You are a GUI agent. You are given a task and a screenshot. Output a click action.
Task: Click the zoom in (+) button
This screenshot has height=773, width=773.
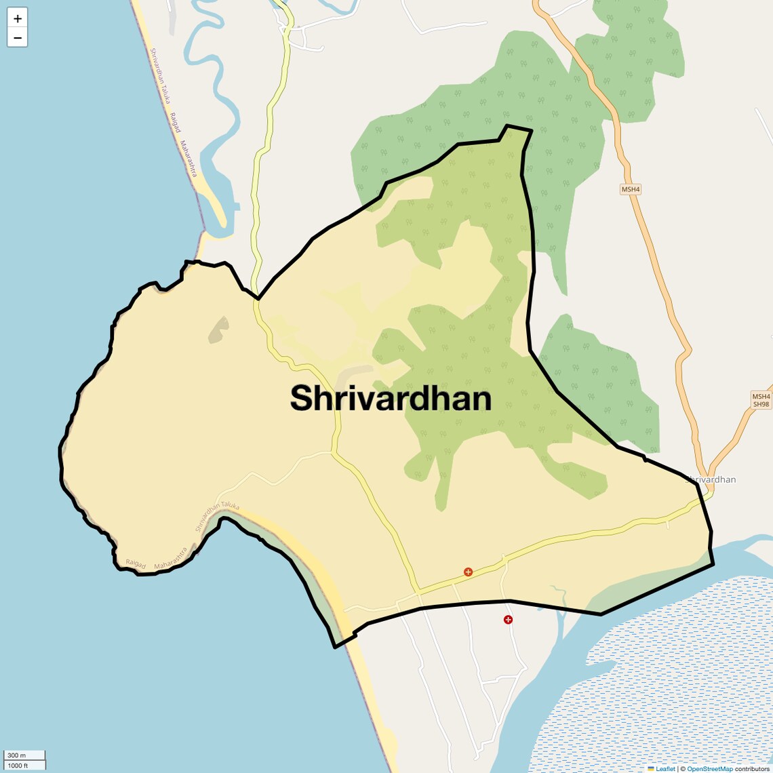coord(18,18)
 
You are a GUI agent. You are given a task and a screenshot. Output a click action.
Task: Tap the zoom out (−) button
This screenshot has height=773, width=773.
coord(18,37)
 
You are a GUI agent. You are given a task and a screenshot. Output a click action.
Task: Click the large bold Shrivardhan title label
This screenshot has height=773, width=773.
coord(391,398)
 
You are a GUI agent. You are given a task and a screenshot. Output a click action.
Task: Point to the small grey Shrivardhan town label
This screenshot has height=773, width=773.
coord(712,479)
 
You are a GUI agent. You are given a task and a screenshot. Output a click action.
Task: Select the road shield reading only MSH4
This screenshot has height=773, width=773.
coord(631,189)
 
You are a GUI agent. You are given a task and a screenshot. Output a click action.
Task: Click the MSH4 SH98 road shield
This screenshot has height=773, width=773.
coord(761,400)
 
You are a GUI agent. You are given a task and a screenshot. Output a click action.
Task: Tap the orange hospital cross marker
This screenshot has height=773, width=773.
coord(468,572)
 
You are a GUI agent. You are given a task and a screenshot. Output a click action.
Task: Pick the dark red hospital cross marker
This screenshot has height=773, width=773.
coord(508,620)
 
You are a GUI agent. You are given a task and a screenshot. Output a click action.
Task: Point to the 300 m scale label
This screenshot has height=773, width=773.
coord(17,755)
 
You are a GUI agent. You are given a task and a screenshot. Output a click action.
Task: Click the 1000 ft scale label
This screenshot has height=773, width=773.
coord(18,766)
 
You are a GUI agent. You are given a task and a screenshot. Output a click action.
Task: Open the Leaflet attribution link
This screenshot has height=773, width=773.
coord(665,769)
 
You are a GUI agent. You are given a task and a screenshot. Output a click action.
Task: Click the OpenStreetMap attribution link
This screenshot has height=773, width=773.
coord(710,769)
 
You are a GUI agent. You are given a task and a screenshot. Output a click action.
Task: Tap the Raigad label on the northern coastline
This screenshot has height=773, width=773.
coord(176,122)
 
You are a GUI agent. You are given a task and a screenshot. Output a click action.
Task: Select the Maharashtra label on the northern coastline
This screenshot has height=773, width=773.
coord(189,159)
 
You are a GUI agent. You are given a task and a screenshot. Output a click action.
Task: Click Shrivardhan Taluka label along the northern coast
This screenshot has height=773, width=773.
coord(161,75)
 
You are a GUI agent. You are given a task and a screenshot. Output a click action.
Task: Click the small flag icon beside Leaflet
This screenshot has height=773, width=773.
coord(651,769)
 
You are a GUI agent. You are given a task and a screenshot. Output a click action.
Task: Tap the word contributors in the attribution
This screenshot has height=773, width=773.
coord(752,769)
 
